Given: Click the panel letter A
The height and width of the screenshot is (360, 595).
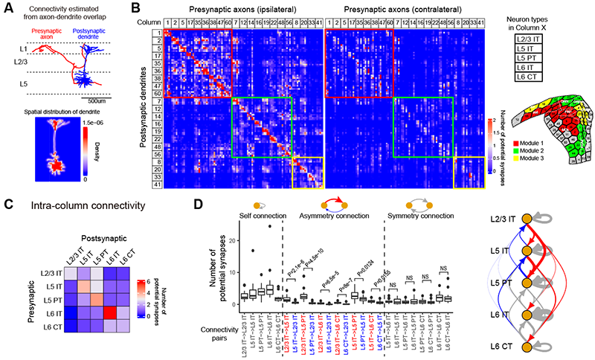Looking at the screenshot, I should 6,7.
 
